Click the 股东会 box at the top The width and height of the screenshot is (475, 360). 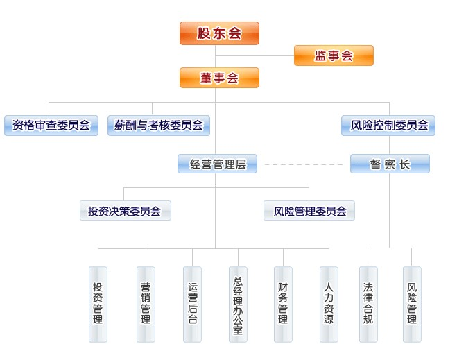coord(219,33)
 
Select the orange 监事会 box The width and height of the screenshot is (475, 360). coord(334,55)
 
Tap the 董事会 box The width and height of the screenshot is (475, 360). coord(219,78)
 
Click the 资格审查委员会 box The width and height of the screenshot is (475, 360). coord(51,126)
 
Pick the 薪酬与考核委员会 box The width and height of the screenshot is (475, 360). coord(159,126)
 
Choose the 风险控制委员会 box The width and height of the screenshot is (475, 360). coord(388,126)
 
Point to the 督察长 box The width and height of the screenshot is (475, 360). coord(390,164)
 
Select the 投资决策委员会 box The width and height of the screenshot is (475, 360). coord(125,211)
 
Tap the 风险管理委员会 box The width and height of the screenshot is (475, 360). coord(309,211)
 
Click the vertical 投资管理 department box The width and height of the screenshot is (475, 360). coord(98,304)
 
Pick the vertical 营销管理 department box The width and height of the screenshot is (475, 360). coord(146,304)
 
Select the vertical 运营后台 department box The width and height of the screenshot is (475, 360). coord(192,304)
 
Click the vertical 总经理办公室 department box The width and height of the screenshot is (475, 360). coord(238,304)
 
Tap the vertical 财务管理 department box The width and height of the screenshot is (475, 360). coord(283,304)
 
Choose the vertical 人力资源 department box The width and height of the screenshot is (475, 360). coord(329,304)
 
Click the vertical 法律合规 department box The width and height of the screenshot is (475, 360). coord(368,304)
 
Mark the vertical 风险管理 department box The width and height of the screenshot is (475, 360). coord(412,304)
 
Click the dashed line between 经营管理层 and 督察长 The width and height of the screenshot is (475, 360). coord(304,165)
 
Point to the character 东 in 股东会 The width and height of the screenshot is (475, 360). coord(219,33)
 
